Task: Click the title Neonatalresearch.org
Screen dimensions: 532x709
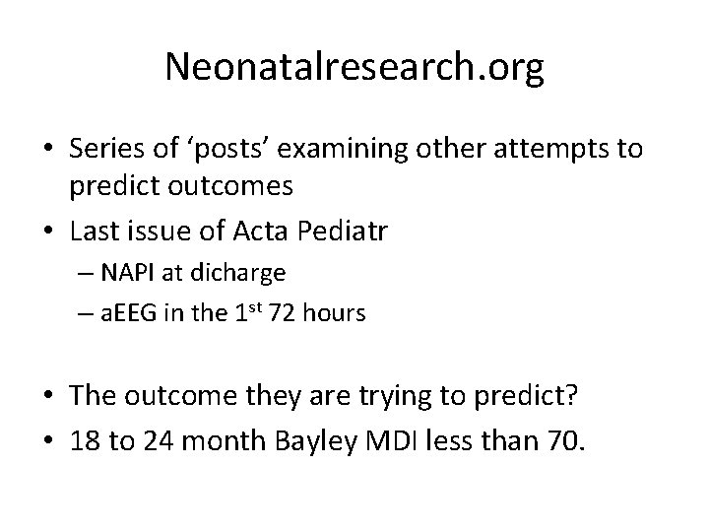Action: pyautogui.click(x=354, y=66)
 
